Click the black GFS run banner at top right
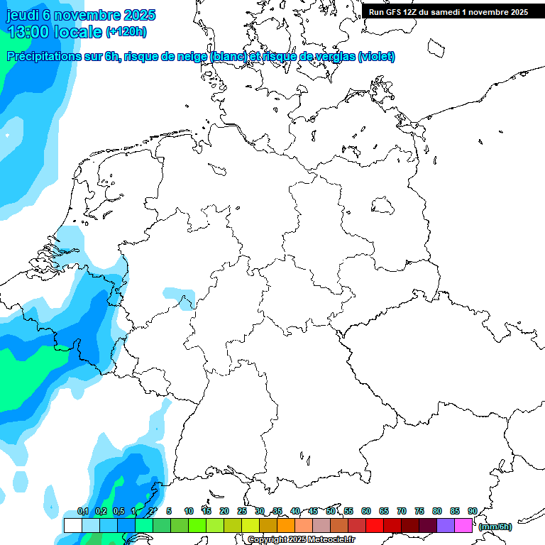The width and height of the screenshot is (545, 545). pyautogui.click(x=448, y=12)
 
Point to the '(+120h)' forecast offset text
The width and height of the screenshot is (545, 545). pyautogui.click(x=126, y=31)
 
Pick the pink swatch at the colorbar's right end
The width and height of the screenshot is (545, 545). pyautogui.click(x=463, y=526)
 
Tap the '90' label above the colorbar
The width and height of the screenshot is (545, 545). pyautogui.click(x=472, y=512)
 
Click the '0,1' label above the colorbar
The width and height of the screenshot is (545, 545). pyautogui.click(x=83, y=512)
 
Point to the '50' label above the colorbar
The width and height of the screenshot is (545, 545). pyautogui.click(x=331, y=512)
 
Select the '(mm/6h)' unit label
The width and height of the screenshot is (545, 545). pyautogui.click(x=495, y=527)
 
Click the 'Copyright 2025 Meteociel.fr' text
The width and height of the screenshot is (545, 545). pyautogui.click(x=301, y=539)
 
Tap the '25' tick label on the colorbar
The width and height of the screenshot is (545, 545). pyautogui.click(x=242, y=512)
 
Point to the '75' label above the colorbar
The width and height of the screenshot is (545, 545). pyautogui.click(x=419, y=512)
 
